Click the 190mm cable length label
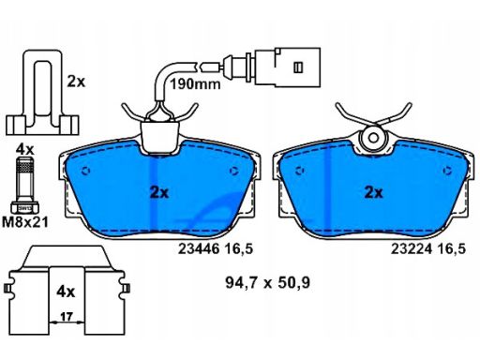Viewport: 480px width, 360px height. pos(195,83)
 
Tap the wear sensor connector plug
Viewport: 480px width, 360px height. pos(288,67)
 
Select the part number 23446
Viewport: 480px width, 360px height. pos(199,249)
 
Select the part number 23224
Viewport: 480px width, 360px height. pos(412,249)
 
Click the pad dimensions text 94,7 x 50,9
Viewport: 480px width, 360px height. pos(267,283)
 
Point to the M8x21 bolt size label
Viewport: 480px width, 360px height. pos(25,222)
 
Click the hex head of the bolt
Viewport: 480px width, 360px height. pos(24,207)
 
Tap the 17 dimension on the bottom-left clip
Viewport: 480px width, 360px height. pos(67,317)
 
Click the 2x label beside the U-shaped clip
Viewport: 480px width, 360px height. pos(76,82)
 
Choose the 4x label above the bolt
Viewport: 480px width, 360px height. pos(24,150)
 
